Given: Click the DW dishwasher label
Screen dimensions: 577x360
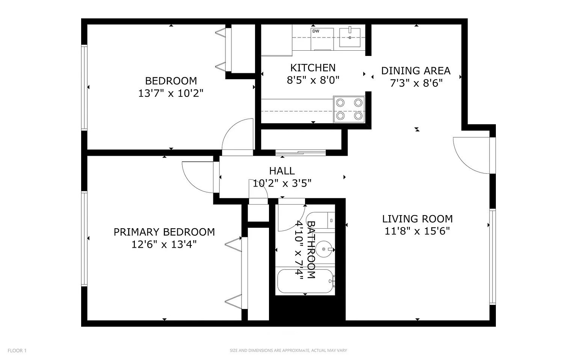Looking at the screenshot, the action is (316, 31).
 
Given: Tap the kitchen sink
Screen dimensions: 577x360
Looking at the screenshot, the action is (350, 38).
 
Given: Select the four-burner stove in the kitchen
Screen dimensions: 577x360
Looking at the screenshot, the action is (349, 109).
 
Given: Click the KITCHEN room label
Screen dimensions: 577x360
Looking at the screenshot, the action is (313, 68).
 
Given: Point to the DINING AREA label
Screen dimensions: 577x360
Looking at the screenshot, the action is (416, 71).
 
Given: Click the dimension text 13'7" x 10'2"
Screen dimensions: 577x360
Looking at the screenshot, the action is (171, 93).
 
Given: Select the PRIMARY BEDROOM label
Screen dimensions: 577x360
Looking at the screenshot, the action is (164, 232).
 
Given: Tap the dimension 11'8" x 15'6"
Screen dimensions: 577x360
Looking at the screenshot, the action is (417, 231).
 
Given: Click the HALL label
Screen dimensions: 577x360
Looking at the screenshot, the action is (282, 171).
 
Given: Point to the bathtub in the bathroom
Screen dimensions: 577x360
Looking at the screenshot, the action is (305, 281).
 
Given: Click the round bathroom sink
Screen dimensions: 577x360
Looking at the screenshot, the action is (324, 249).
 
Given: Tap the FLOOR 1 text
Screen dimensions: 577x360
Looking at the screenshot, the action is (17, 351).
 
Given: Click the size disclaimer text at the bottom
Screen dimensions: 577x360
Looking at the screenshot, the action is (288, 351).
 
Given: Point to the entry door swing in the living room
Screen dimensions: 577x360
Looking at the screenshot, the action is (471, 155).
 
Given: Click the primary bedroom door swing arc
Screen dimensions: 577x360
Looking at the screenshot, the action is (198, 177).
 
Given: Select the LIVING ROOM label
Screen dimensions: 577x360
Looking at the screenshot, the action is (417, 219).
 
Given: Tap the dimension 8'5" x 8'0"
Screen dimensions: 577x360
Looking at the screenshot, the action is (313, 80).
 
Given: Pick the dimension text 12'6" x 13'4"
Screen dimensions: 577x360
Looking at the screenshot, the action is (164, 244).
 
